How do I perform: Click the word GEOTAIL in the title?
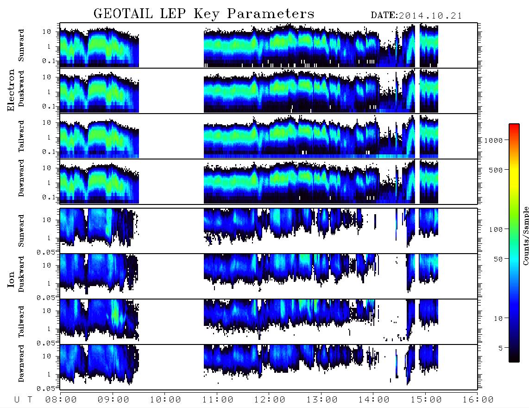pos(123,14)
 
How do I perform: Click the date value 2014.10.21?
pos(430,16)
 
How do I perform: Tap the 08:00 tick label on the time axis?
pos(61,400)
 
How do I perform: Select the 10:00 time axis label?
pos(165,400)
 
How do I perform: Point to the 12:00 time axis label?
pos(270,400)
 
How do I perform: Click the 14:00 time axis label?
pos(374,400)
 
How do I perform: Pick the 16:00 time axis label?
pos(478,400)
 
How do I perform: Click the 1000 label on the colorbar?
pos(493,140)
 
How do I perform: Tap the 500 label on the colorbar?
pos(496,170)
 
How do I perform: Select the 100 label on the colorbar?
pos(496,229)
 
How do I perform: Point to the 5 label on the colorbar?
pos(500,348)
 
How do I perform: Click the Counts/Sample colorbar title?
pos(525,236)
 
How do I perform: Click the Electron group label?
pos(11,90)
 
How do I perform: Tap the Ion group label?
pos(11,279)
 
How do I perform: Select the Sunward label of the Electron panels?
pos(21,45)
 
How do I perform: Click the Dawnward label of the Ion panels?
pos(21,363)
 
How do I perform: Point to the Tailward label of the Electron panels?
pos(21,136)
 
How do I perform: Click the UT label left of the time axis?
pos(23,400)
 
